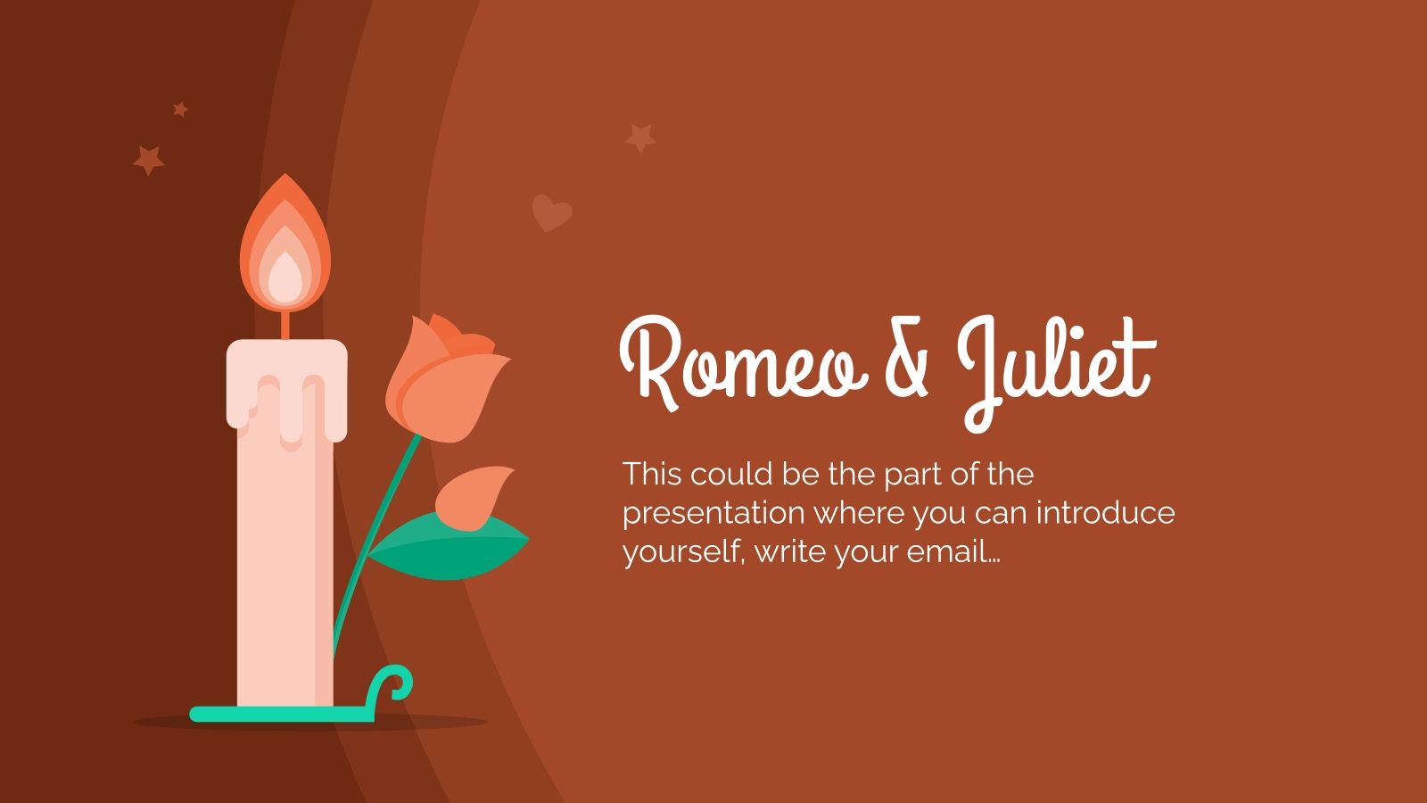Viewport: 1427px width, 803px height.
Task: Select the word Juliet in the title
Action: point(1058,366)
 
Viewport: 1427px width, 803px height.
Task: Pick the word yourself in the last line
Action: point(682,552)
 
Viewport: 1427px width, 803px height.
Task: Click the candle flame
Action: point(285,250)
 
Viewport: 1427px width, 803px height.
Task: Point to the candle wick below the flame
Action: point(285,326)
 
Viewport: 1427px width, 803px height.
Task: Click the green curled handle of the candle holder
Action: point(394,685)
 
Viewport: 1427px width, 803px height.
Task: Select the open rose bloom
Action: point(441,379)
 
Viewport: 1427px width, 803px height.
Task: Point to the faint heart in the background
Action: point(551,212)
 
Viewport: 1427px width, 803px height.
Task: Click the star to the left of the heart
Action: point(640,137)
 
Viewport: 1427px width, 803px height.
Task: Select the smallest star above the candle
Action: point(180,109)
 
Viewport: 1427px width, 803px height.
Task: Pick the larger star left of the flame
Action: point(149,161)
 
